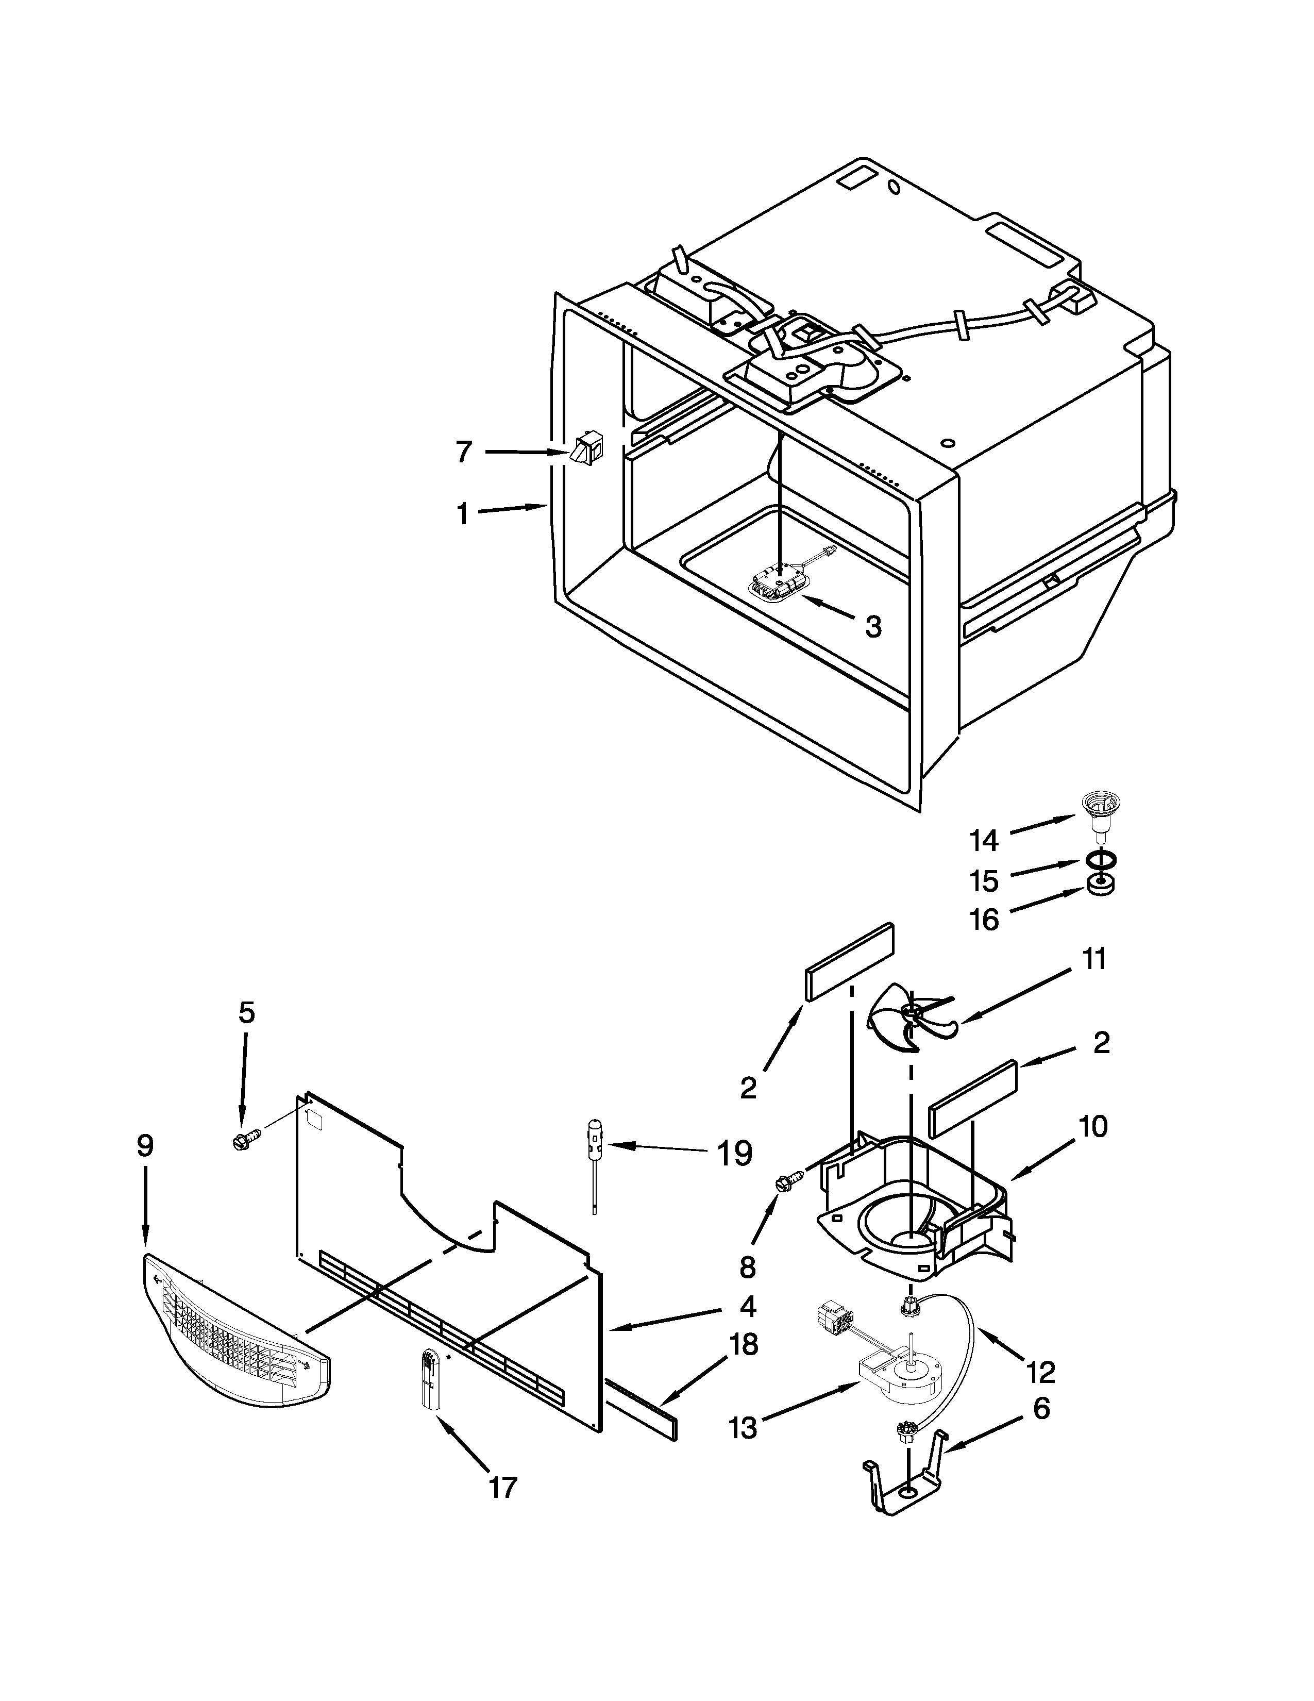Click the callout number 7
coord(463,452)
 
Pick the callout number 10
coord(1093,1126)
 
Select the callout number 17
coord(503,1509)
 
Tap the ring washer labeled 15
coord(1097,861)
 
